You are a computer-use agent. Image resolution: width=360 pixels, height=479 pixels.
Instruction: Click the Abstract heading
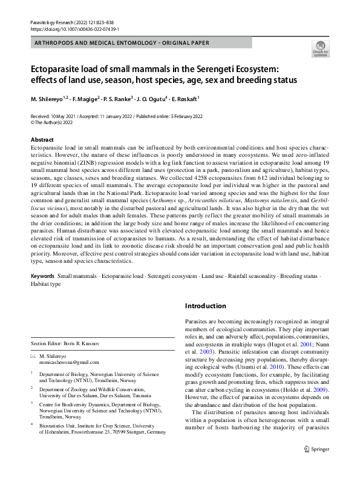[42, 140]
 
